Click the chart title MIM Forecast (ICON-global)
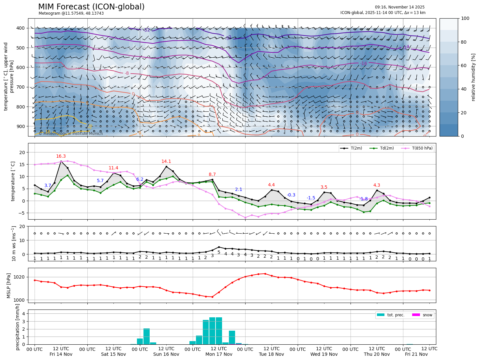pyautogui.click(x=91, y=7)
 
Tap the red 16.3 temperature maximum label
pyautogui.click(x=61, y=156)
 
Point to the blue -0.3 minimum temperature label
pyautogui.click(x=291, y=195)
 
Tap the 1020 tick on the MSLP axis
pyautogui.click(x=20, y=277)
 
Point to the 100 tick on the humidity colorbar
pyautogui.click(x=465, y=19)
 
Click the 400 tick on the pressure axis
pyautogui.click(x=21, y=28)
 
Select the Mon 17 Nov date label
pyautogui.click(x=219, y=354)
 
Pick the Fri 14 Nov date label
pyautogui.click(x=61, y=354)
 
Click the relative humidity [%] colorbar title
pyautogui.click(x=473, y=77)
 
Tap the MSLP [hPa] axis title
pyautogui.click(x=9, y=286)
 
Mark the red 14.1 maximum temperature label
pyautogui.click(x=166, y=162)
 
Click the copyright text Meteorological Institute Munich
pyautogui.click(x=71, y=134)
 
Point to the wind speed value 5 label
pyautogui.click(x=219, y=252)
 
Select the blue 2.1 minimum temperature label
pyautogui.click(x=239, y=190)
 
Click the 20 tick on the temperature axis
pyautogui.click(x=22, y=152)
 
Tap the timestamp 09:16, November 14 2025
pyautogui.click(x=399, y=7)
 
